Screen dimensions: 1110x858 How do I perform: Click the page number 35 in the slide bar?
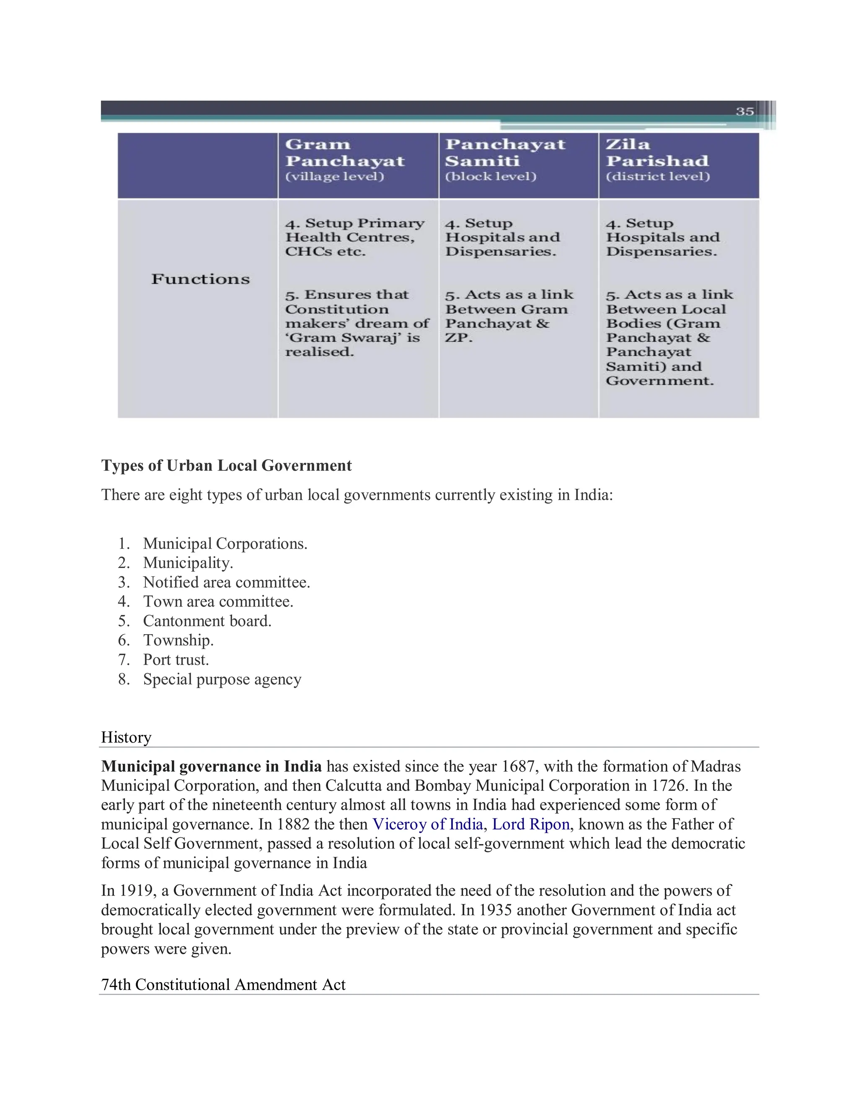[x=744, y=111]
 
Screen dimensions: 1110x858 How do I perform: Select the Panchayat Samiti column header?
[x=505, y=152]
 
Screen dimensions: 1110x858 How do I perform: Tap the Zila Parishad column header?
[x=657, y=152]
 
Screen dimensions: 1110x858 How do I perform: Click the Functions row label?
[x=200, y=279]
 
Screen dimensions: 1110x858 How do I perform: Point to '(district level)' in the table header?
[x=657, y=176]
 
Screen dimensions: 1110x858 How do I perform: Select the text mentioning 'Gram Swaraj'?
[x=352, y=338]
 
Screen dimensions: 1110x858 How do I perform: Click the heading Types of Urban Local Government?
[x=226, y=465]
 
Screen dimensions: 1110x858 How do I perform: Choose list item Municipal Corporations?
[x=225, y=544]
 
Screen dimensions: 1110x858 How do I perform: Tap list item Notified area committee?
[x=226, y=583]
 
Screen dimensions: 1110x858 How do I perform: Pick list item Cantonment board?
[x=207, y=621]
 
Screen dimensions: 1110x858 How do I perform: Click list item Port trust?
[x=176, y=660]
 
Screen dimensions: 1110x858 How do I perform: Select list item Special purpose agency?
[x=222, y=679]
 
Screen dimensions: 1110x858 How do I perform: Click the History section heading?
[x=126, y=738]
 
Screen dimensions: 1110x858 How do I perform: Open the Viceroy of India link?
[x=427, y=824]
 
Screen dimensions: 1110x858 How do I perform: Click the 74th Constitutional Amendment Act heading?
[x=223, y=984]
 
